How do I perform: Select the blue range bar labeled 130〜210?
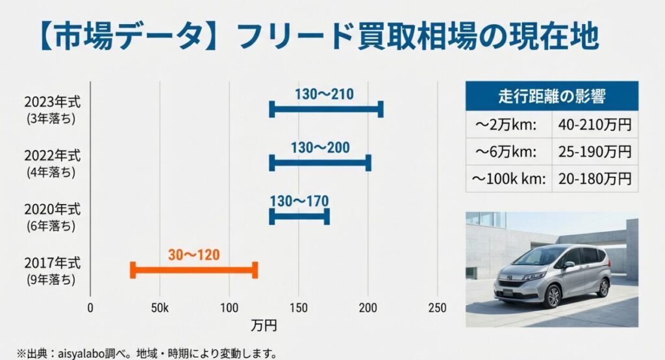tap(325, 109)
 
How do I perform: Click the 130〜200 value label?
tap(320, 148)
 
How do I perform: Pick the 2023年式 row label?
tap(53, 102)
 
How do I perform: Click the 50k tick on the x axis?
tap(160, 308)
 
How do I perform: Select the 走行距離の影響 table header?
tap(551, 96)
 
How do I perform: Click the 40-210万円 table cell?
tap(594, 124)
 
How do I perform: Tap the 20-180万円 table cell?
tap(594, 178)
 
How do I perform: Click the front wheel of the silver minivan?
tap(553, 296)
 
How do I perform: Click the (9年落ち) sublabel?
tap(52, 280)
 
